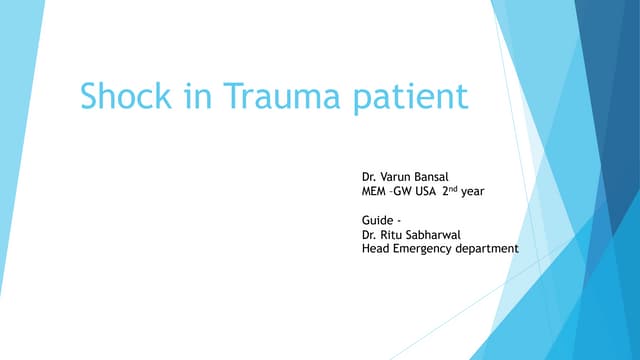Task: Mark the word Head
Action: tap(375, 249)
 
